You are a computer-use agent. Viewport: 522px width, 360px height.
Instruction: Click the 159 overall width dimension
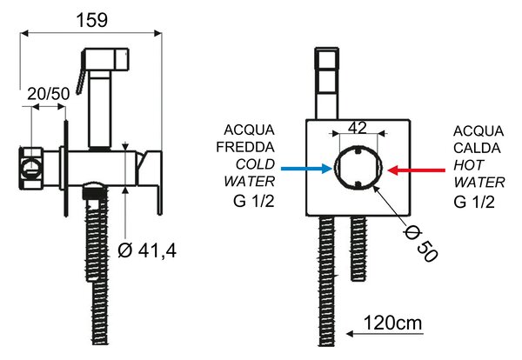point(92,20)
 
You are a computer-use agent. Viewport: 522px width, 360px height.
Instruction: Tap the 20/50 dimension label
point(49,94)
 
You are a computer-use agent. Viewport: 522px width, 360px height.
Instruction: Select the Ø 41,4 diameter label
point(147,250)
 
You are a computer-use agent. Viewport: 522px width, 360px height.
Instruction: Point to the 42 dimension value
point(358,128)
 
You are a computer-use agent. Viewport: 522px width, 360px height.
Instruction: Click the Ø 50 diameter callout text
point(420,244)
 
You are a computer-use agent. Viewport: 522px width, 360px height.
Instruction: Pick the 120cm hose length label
point(392,323)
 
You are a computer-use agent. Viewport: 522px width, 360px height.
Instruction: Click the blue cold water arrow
point(306,169)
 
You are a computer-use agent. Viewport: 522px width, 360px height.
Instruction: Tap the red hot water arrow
point(417,170)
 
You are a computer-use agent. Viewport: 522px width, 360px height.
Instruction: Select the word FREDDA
point(245,147)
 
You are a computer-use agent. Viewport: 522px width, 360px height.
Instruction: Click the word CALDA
point(477,148)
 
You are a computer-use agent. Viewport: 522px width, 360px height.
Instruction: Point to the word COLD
point(255,164)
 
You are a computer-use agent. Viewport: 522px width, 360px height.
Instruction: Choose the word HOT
point(469,165)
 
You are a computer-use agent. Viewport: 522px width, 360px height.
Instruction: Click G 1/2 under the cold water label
point(254,201)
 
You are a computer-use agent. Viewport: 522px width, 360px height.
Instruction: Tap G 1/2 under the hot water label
point(474,202)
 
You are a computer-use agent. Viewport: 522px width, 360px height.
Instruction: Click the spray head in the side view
point(106,59)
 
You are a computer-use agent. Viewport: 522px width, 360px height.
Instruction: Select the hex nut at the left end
point(31,168)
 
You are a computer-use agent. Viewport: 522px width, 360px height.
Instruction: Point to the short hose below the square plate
point(359,248)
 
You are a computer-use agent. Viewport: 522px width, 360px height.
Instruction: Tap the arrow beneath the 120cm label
point(385,334)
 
